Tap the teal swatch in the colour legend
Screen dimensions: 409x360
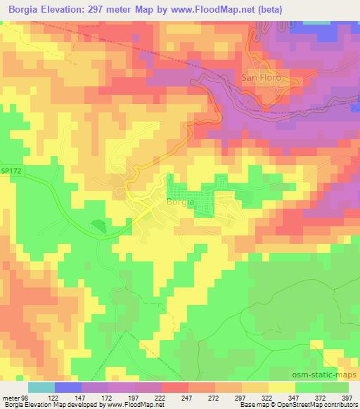coord(41,387)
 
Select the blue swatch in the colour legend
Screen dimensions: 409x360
coord(68,387)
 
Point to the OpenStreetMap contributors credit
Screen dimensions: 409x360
coord(314,405)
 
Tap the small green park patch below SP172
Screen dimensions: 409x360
coord(98,226)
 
